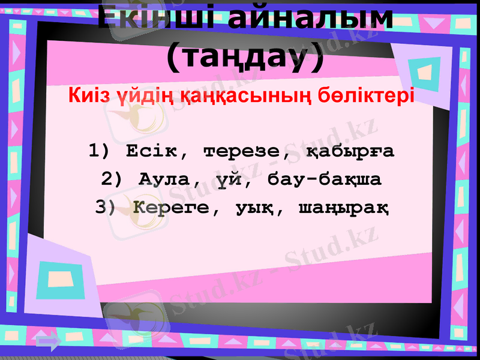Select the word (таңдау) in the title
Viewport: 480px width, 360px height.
click(244, 58)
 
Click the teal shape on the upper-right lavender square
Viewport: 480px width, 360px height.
click(423, 68)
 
